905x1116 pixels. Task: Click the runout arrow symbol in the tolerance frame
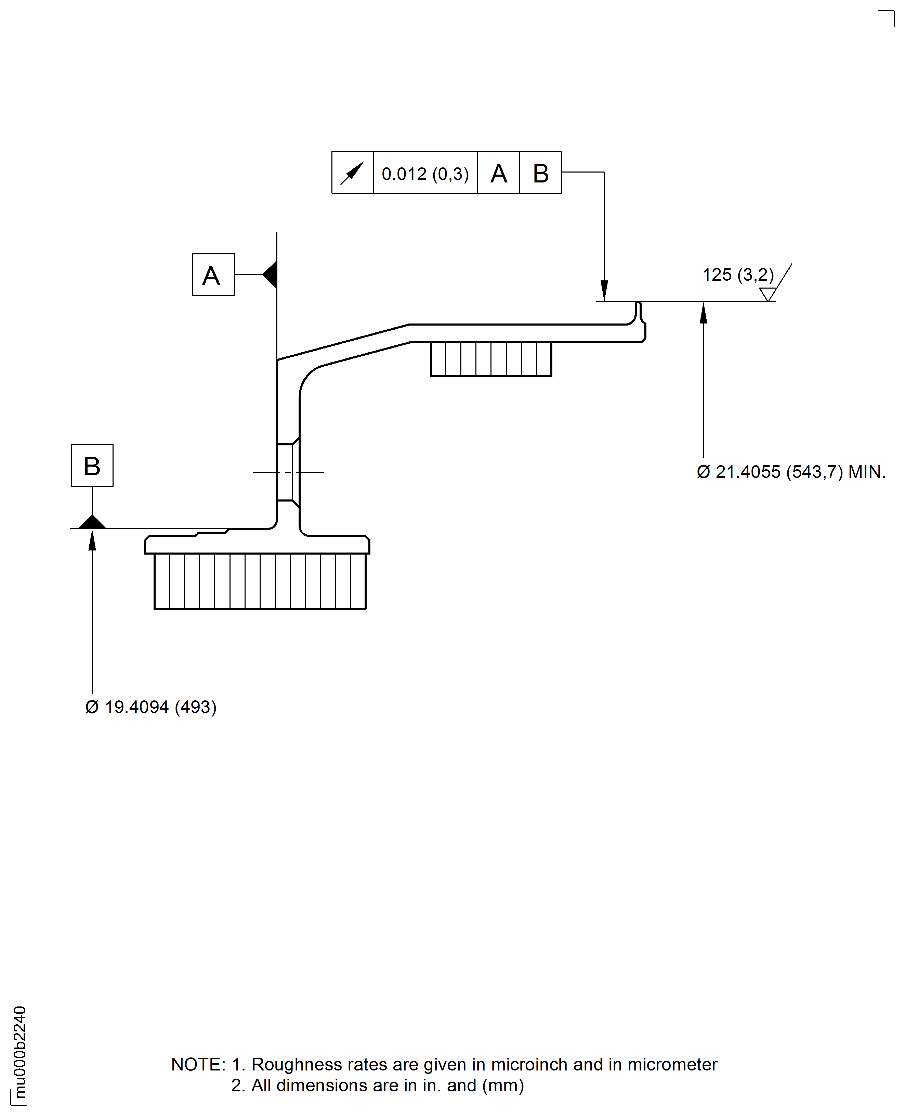(352, 173)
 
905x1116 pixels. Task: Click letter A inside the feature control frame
(498, 173)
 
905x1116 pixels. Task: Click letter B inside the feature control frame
(541, 173)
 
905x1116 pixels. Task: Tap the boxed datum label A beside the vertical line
(213, 275)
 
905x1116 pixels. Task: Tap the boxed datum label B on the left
(92, 465)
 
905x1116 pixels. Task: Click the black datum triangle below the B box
(92, 523)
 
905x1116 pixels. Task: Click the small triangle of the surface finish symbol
(768, 295)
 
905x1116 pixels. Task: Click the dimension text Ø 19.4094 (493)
(150, 707)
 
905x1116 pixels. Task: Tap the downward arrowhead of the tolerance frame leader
(604, 291)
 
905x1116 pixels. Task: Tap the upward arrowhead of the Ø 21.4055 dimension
(703, 313)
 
